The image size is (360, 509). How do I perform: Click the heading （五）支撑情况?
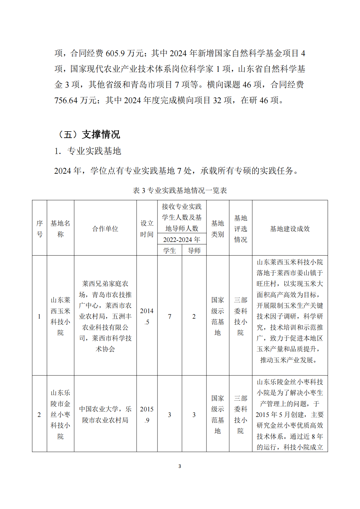coord(88,134)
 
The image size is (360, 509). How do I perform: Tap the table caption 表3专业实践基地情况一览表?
coord(180,190)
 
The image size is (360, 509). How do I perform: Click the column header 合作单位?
coord(105,229)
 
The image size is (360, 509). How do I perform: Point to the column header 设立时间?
coord(147,229)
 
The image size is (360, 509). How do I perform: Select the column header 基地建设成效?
coord(290,229)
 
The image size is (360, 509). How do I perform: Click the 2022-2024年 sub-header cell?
coord(182,240)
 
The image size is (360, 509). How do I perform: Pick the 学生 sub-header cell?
coord(170,250)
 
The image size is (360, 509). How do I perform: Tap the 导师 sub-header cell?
coord(194,250)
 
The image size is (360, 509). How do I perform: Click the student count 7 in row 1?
coord(170,316)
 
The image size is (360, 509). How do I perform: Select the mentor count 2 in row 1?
coord(194,316)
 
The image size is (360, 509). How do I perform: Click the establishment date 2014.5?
coord(147,316)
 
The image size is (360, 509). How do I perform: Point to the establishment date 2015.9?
coord(147,414)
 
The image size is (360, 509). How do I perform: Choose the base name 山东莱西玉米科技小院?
coord(60,316)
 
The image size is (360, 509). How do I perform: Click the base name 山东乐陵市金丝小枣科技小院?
coord(60,414)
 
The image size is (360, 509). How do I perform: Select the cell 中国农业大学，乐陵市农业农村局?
coord(105,414)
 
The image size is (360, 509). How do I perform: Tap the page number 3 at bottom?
coord(180,466)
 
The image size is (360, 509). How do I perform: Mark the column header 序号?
coord(40,229)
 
